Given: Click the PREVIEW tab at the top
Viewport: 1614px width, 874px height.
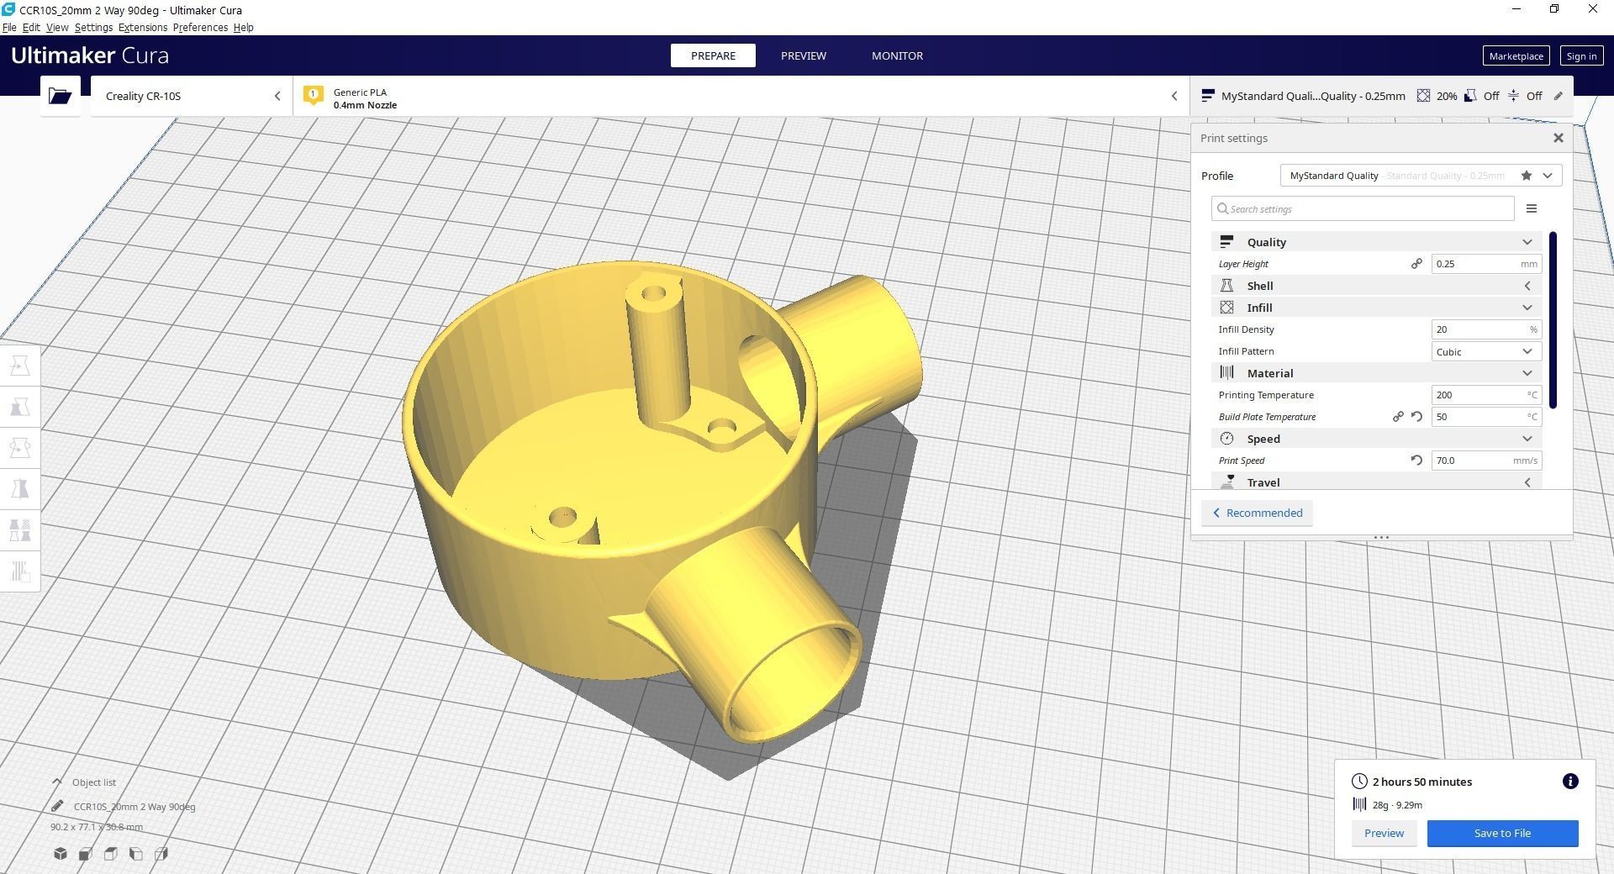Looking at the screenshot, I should coord(803,55).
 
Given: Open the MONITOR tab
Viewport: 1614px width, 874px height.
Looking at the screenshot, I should coord(897,55).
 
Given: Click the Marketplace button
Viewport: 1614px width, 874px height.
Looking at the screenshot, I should coord(1516,56).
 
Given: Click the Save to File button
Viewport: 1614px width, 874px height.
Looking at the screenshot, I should coord(1502,834).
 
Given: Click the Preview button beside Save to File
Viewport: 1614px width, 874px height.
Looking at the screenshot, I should coord(1384,834).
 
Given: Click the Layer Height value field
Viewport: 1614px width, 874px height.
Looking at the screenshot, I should coord(1476,264).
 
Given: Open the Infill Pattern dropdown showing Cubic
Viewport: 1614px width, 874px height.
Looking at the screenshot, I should coord(1485,351).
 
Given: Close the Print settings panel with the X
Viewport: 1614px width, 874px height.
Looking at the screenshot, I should coord(1558,139).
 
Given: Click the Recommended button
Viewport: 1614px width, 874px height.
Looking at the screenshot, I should coord(1257,513).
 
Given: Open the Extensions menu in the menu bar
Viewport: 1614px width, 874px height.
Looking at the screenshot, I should coord(143,28).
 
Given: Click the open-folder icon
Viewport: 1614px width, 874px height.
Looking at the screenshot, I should coord(60,96).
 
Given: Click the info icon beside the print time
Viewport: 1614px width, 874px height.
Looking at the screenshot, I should coord(1569,782).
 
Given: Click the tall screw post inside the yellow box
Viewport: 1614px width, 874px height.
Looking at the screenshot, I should coord(657,353).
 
